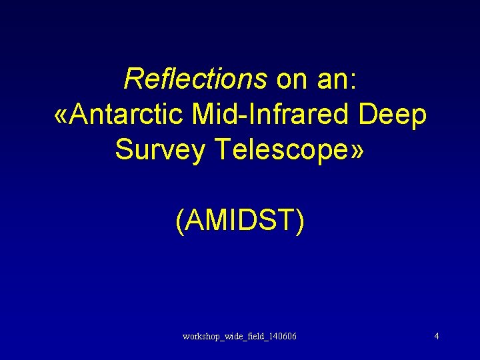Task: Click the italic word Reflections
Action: point(195,79)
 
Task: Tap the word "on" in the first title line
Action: point(291,79)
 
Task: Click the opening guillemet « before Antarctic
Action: point(60,115)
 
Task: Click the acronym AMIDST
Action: point(239,221)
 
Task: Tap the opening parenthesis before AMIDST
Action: point(180,221)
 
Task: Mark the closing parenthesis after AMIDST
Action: point(299,221)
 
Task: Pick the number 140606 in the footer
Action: point(283,336)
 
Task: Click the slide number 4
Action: point(436,336)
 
